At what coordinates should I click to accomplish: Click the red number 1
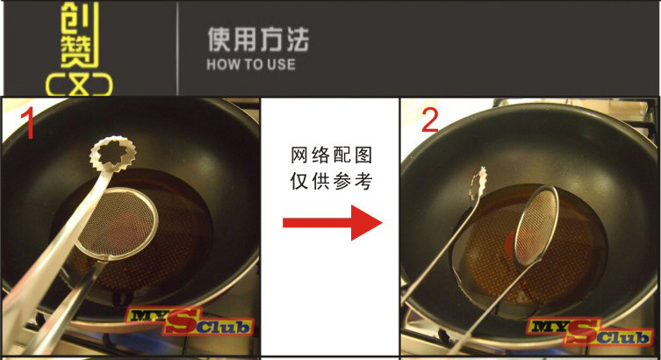click(29, 123)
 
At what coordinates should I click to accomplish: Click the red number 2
click(430, 120)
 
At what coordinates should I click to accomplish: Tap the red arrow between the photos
click(332, 222)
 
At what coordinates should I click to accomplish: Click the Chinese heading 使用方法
click(258, 40)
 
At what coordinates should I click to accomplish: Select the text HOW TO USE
click(251, 64)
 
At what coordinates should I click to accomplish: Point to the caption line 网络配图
click(331, 155)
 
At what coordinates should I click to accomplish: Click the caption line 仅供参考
click(331, 181)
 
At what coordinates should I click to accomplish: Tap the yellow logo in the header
click(79, 48)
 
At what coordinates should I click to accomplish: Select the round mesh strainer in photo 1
click(118, 222)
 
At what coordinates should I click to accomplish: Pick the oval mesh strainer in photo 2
click(536, 227)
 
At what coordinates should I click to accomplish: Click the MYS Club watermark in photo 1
click(189, 322)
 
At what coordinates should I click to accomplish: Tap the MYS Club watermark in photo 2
click(589, 331)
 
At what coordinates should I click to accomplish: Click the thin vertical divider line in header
click(177, 48)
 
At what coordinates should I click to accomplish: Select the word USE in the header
click(281, 64)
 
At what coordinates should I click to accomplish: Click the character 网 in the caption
click(298, 155)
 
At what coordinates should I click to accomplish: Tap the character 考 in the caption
click(363, 181)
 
